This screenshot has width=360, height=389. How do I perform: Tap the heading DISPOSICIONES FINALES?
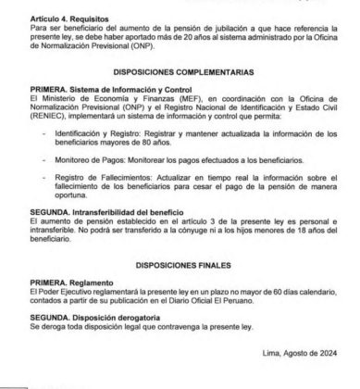pos(180,264)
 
